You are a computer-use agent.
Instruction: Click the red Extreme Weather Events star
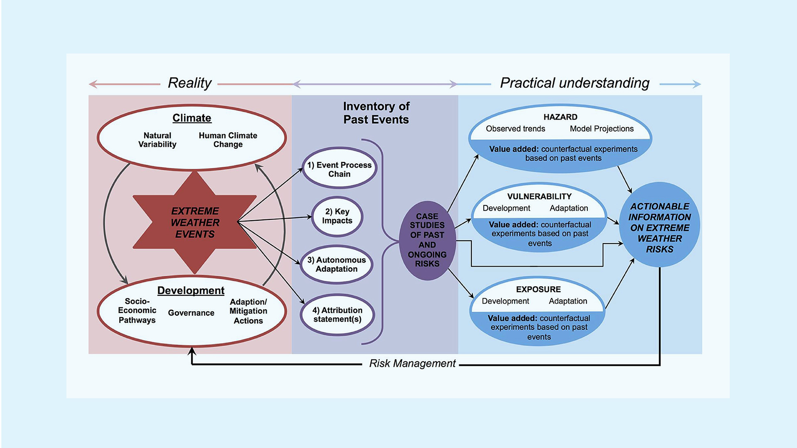[x=195, y=222]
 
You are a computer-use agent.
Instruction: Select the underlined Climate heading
[x=192, y=118]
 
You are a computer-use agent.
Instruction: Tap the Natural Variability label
[x=157, y=140]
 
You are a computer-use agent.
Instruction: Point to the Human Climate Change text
[x=228, y=140]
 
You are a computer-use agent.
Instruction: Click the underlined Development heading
[x=191, y=290]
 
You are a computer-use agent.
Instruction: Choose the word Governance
[x=191, y=313]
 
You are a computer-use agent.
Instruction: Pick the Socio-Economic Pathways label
[x=137, y=311]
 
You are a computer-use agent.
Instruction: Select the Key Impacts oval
[x=337, y=216]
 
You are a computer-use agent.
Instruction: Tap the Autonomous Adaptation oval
[x=336, y=264]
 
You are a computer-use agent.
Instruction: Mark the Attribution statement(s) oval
[x=337, y=314]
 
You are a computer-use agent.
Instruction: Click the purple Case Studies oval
[x=427, y=240]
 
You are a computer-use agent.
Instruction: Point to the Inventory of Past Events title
[x=376, y=113]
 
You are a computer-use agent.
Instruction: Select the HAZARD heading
[x=560, y=117]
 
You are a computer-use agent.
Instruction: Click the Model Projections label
[x=601, y=129]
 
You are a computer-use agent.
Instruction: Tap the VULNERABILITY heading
[x=539, y=196]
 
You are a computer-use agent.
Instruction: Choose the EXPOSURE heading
[x=538, y=289]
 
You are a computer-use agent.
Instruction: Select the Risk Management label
[x=412, y=363]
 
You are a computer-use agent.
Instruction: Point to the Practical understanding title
[x=575, y=83]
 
